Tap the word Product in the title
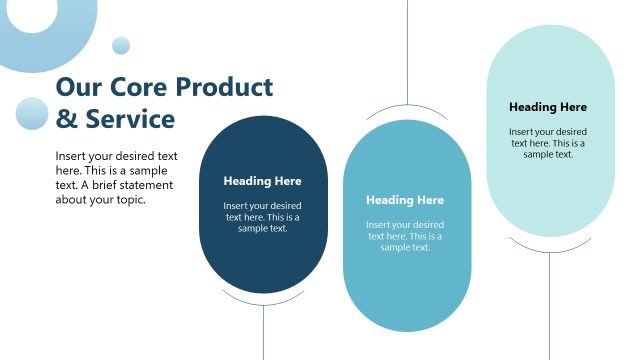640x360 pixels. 225,87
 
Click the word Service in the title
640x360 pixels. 129,120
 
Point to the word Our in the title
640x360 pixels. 76,87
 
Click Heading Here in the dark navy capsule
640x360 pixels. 262,181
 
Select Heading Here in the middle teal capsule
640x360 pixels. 405,200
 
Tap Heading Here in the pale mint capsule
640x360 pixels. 548,107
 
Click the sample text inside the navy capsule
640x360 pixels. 262,217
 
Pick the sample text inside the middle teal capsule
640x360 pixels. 405,236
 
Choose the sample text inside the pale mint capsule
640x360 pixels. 548,143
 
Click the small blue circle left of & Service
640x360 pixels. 32,113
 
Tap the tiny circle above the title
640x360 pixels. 121,45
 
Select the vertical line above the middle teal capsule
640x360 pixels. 407,50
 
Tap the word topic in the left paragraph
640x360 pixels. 130,199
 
